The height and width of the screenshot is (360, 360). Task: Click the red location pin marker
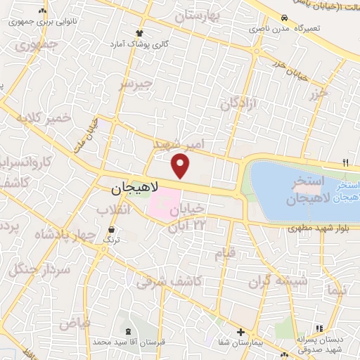point(181,166)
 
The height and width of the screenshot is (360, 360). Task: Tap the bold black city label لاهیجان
point(136,189)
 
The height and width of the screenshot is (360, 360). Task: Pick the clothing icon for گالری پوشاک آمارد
point(140,33)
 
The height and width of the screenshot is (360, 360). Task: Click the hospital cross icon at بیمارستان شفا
point(240,332)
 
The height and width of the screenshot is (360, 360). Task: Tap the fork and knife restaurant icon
point(345,162)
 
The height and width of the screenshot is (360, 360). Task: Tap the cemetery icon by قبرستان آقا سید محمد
point(127,330)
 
